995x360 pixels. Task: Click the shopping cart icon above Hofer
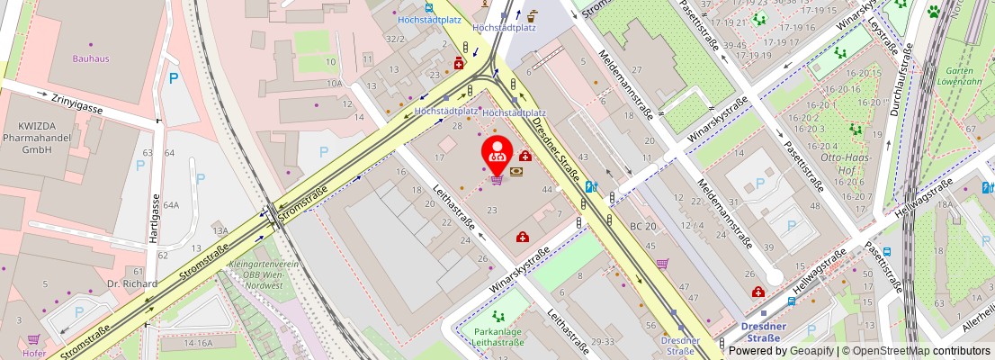pyautogui.click(x=34, y=339)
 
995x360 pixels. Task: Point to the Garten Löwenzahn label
pyautogui.click(x=964, y=76)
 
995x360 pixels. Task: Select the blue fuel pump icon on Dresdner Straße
pyautogui.click(x=591, y=187)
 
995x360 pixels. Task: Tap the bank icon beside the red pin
pyautogui.click(x=517, y=171)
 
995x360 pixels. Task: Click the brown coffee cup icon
pyautogui.click(x=533, y=14)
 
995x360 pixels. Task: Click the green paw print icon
pyautogui.click(x=934, y=12)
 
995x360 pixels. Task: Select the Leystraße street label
pyautogui.click(x=885, y=36)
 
